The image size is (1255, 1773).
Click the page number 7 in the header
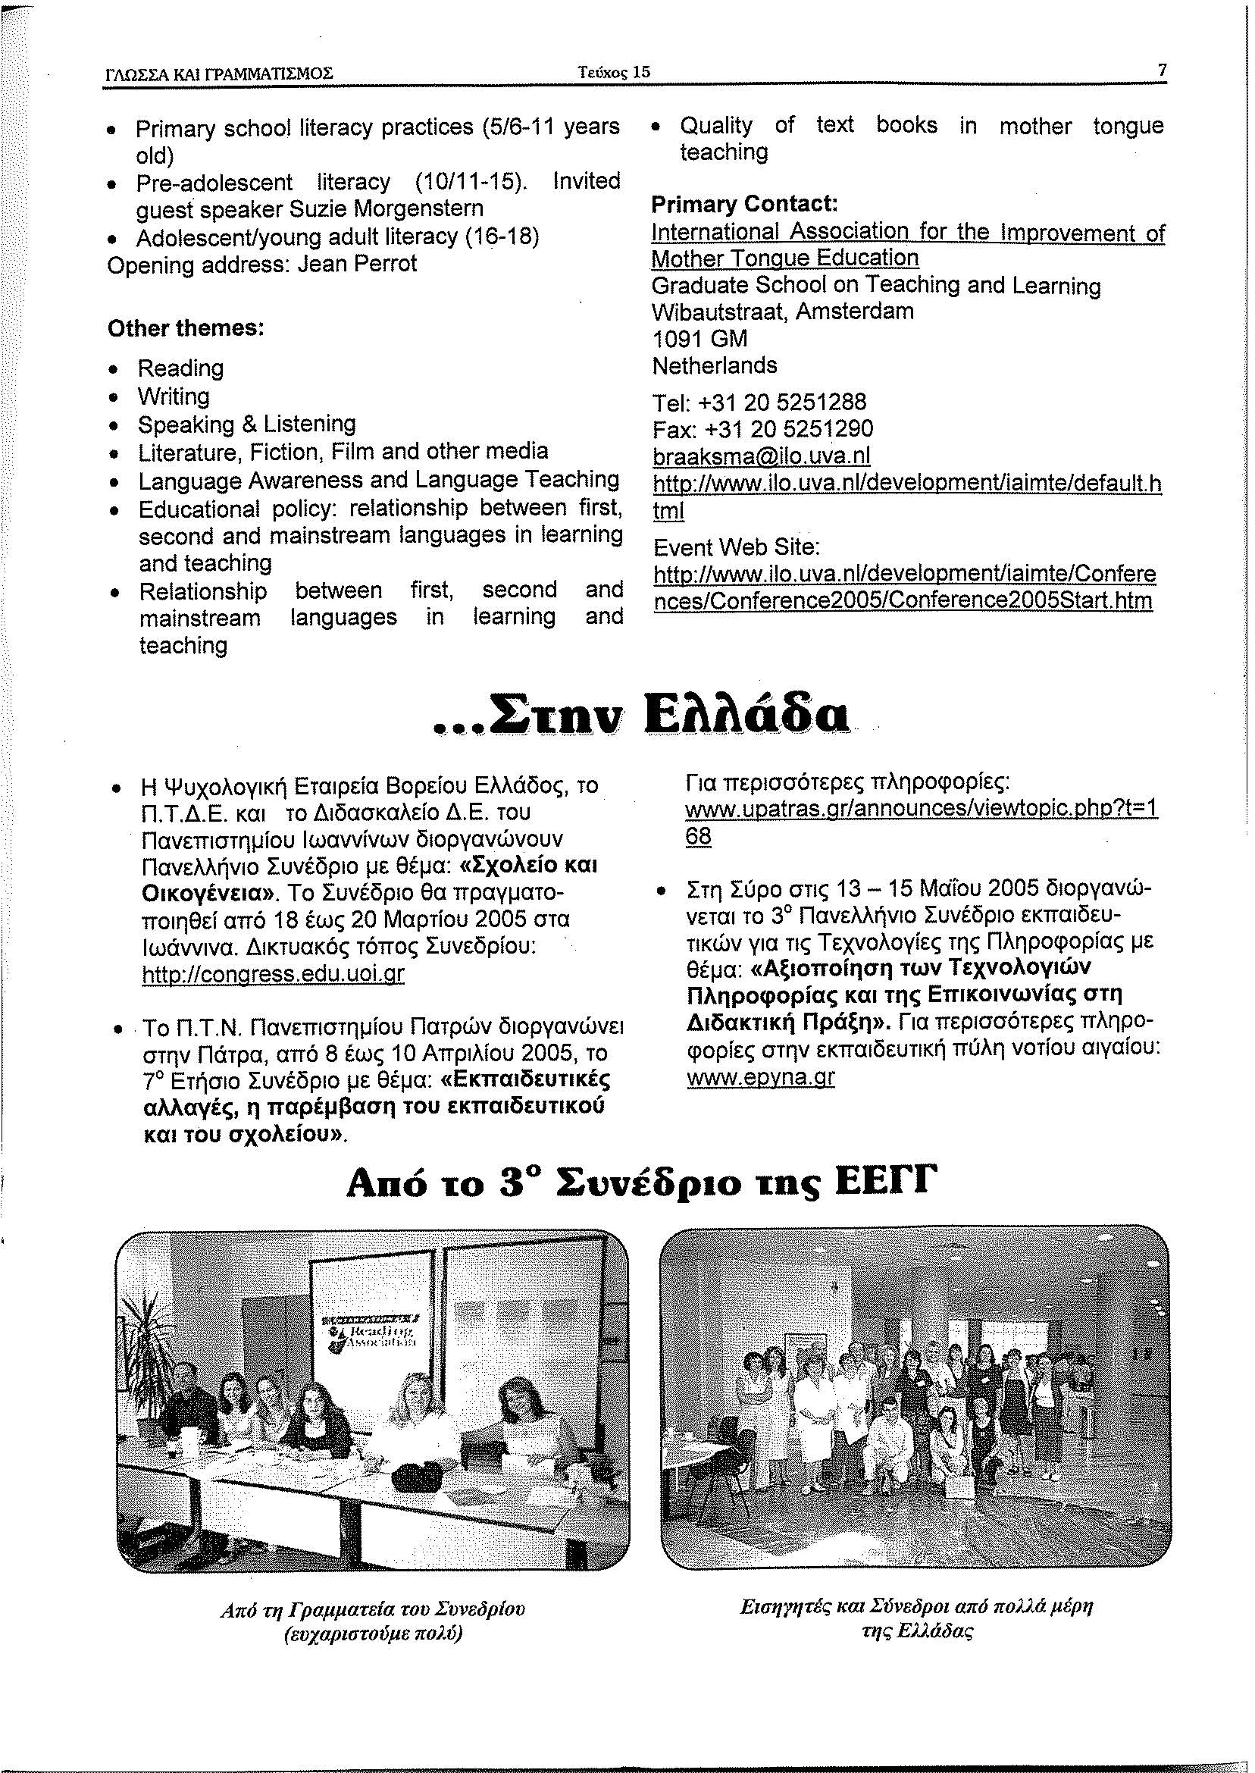click(x=1161, y=70)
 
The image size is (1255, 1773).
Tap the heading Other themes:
click(x=186, y=328)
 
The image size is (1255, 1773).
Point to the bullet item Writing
click(x=174, y=396)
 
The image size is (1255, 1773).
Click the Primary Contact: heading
click(x=745, y=204)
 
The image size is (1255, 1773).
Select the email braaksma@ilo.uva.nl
click(x=762, y=456)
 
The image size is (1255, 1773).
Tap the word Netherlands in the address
click(x=715, y=365)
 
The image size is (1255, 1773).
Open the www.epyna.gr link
click(x=760, y=1077)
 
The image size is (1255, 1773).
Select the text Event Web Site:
click(x=736, y=547)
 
